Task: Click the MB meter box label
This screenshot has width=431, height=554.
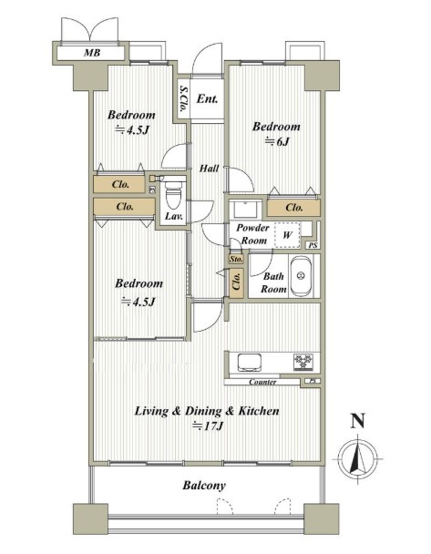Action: pos(92,53)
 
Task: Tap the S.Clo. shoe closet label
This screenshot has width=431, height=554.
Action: pos(182,98)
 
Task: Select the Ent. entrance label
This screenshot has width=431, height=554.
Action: pos(207,98)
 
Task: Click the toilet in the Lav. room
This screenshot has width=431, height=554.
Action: pos(173,195)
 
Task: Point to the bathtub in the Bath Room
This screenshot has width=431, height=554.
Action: pos(301,276)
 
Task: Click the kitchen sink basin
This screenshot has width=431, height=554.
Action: pos(250,362)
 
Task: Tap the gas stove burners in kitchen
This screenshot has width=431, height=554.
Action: pos(303,362)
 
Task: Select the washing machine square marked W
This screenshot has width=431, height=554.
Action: pos(287,234)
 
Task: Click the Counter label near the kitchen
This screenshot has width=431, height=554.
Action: pos(262,382)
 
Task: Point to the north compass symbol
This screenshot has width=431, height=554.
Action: pos(358,459)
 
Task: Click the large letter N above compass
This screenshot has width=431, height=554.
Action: pos(357,421)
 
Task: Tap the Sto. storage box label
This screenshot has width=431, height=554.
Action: pos(236,259)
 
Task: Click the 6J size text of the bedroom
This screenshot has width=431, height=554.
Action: pos(277,141)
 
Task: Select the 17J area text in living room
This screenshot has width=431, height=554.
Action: pos(208,426)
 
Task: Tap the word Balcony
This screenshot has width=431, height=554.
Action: pos(204,485)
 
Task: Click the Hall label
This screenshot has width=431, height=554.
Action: pos(210,169)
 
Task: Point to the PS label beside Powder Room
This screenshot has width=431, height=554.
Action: pos(313,245)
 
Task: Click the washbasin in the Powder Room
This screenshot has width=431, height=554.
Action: pos(245,210)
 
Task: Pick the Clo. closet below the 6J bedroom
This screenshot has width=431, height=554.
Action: pos(294,208)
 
